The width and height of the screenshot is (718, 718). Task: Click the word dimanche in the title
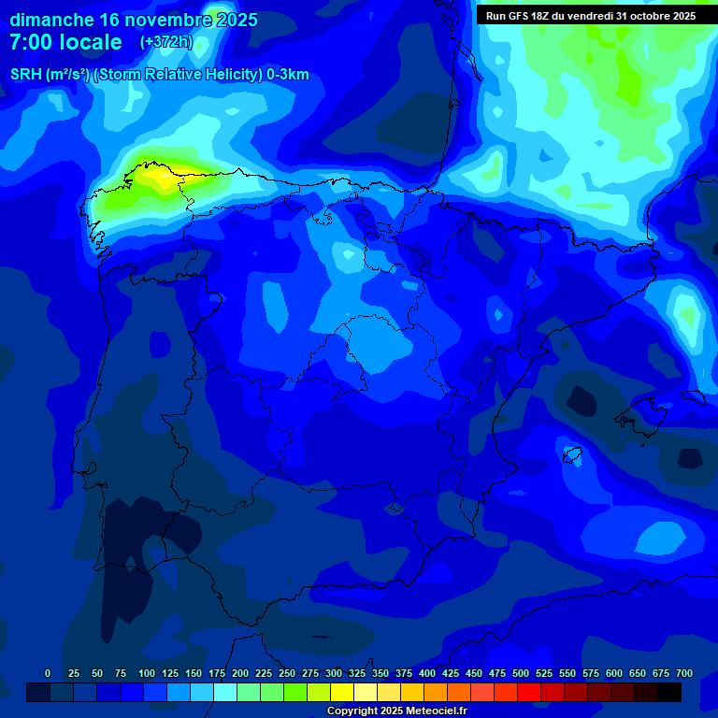(50, 20)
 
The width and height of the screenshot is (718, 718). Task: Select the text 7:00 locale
(65, 42)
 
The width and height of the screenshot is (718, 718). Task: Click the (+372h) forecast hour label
(165, 42)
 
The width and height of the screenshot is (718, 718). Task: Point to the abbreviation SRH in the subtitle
(25, 75)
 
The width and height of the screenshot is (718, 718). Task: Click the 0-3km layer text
(287, 75)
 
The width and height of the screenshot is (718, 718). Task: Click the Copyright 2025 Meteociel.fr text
(396, 711)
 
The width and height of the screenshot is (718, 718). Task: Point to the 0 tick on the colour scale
(48, 673)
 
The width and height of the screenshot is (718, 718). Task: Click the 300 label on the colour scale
(334, 673)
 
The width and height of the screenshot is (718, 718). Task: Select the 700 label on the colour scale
(684, 673)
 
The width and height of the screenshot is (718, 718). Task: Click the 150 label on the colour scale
(194, 673)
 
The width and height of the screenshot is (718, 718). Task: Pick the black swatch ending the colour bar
(669, 692)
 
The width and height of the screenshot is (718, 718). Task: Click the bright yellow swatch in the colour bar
(342, 692)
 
